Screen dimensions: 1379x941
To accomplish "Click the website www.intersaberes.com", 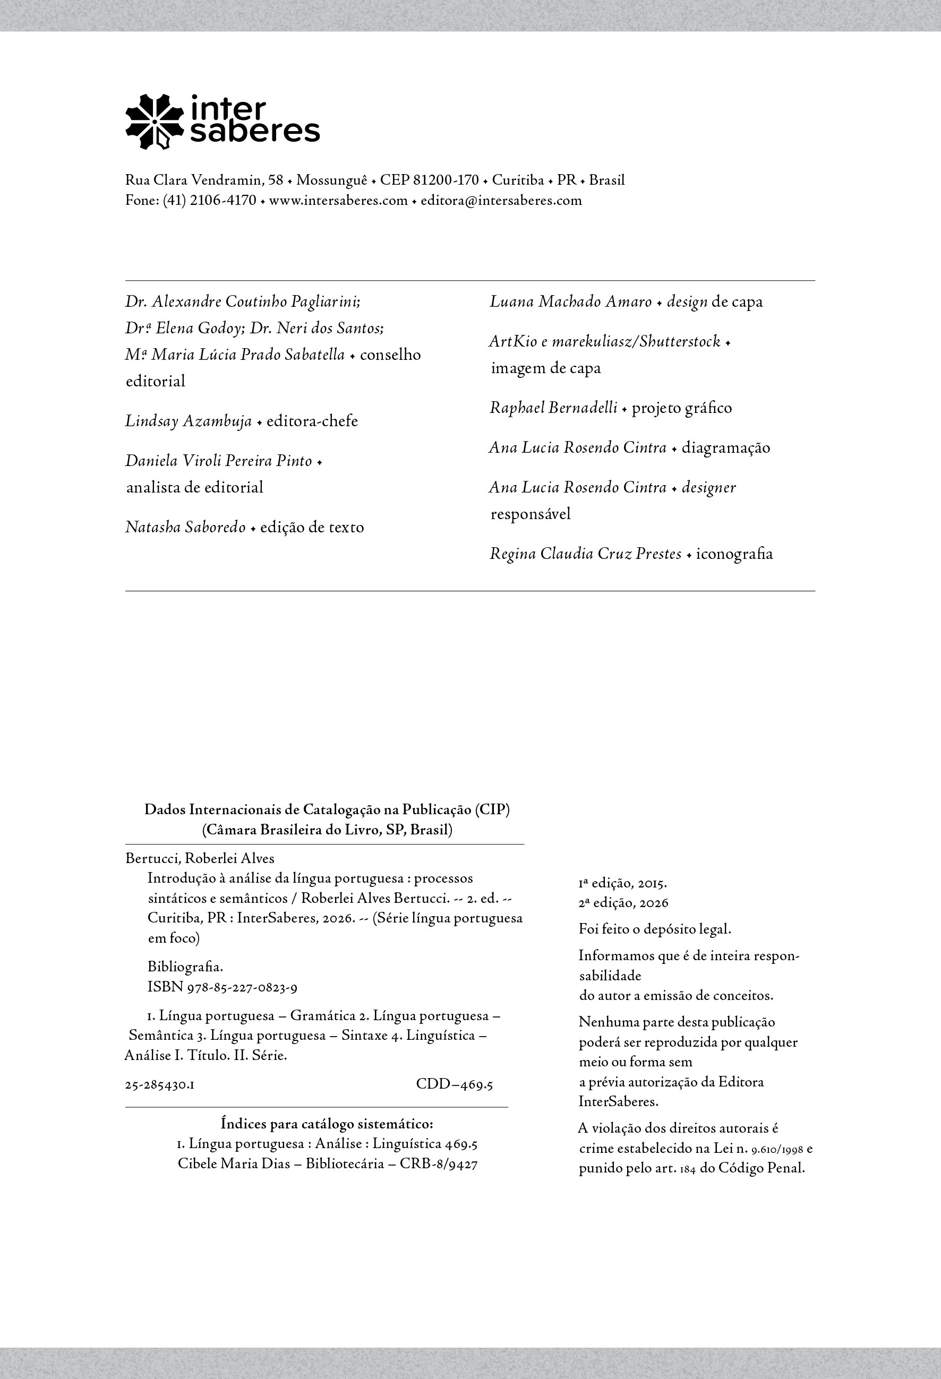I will click(338, 201).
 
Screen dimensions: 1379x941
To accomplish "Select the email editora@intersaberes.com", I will click(501, 201).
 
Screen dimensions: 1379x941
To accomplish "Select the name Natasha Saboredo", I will click(185, 528).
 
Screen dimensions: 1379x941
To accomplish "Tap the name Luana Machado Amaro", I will click(570, 302).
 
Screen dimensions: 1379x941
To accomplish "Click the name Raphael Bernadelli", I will click(553, 408).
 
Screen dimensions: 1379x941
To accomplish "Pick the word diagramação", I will click(725, 448).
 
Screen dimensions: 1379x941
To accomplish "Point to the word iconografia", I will click(734, 554).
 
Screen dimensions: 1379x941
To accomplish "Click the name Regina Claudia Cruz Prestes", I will click(585, 554).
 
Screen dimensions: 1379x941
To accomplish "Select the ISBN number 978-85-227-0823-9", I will click(242, 988).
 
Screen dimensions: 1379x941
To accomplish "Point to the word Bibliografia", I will click(185, 967).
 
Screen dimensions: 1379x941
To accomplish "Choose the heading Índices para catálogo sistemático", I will click(327, 1124).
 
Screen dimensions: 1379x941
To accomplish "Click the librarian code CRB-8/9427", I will click(438, 1163).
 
